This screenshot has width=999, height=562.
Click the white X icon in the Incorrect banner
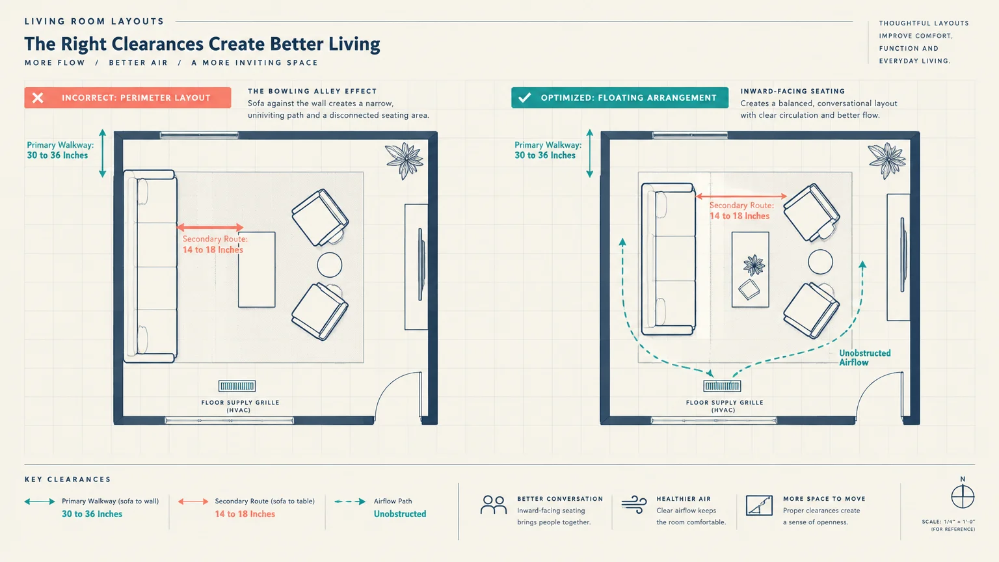point(38,98)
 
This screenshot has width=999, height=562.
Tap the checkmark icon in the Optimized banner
point(524,97)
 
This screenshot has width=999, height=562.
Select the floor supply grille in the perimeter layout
point(237,386)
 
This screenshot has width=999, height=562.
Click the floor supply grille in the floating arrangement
point(722,386)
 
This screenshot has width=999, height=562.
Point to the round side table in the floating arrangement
point(820,261)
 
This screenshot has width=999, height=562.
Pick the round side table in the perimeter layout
point(330,265)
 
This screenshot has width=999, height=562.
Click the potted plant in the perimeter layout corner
point(404,160)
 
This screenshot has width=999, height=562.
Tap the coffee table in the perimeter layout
point(256,269)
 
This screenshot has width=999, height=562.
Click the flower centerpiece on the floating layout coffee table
point(754,265)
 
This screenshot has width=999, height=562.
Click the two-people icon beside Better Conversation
point(494,505)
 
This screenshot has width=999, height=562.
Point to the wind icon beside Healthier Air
point(633,505)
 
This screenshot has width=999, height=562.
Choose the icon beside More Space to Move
point(759,505)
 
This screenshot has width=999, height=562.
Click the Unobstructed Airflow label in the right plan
point(865,358)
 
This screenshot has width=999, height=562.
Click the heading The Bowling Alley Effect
point(312,91)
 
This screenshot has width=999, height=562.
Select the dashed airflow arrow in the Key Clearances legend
point(350,502)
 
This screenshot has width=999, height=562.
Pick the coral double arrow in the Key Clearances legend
point(193,502)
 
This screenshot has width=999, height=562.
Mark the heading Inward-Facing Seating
point(793,91)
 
